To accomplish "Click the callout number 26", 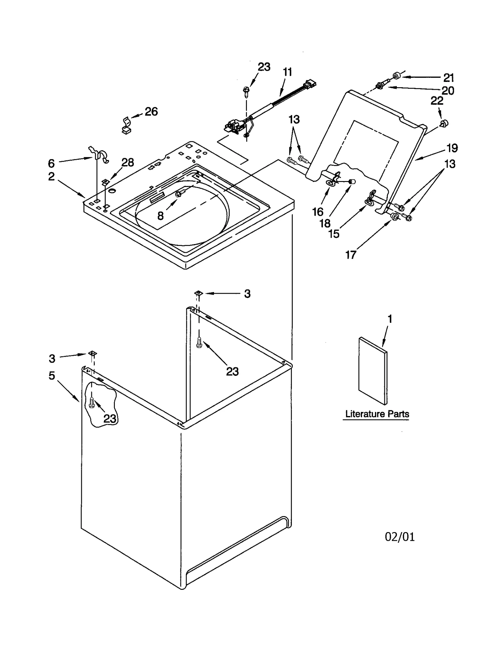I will coord(151,111).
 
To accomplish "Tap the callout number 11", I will coord(287,72).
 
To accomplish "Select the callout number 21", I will coord(449,77).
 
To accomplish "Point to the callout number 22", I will coord(437,101).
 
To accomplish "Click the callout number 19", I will coord(452,148).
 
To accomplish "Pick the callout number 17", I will coord(350,255).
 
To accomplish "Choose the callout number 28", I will coord(128,162).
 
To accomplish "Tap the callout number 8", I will coord(160,216).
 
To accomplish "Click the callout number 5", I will coord(52,376).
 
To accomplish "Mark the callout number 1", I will coord(390,319).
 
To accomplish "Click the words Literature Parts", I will coord(377,414).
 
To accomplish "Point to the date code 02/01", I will coord(399,537).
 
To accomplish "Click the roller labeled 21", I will coord(397,75).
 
